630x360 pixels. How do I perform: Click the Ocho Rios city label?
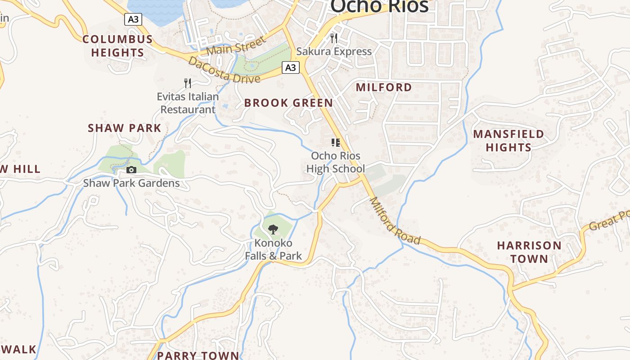(379, 6)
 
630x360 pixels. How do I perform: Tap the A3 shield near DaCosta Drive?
(291, 67)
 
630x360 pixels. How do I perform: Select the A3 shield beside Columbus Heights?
(133, 19)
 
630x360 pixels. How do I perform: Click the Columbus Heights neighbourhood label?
(117, 46)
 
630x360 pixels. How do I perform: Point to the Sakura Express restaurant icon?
(334, 38)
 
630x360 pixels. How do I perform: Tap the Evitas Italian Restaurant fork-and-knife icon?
(188, 83)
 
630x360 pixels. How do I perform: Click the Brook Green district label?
(288, 103)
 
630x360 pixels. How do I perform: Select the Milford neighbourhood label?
(384, 87)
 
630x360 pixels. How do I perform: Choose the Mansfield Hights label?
(508, 140)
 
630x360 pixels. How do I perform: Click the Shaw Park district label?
(124, 128)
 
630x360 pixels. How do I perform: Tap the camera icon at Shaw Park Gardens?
(131, 170)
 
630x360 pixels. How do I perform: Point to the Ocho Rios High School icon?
(335, 143)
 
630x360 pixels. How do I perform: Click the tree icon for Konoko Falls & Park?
(273, 230)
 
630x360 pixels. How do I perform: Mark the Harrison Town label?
(529, 252)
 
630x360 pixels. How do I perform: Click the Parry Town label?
(198, 355)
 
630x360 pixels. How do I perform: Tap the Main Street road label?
(237, 46)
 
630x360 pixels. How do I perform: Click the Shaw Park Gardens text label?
(131, 183)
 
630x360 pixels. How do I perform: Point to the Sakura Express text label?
(334, 51)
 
